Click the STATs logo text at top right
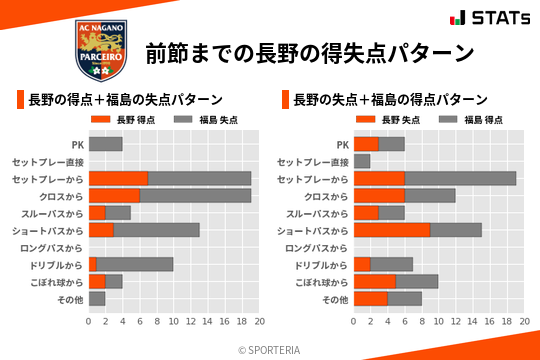497,18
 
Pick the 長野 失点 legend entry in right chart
389,120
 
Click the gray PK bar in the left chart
105,144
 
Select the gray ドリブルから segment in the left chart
135,264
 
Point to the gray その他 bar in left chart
97,298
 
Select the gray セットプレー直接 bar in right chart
362,161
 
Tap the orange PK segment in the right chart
366,144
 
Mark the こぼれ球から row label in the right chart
319,282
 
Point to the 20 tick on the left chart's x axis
259,322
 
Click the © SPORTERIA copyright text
270,349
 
